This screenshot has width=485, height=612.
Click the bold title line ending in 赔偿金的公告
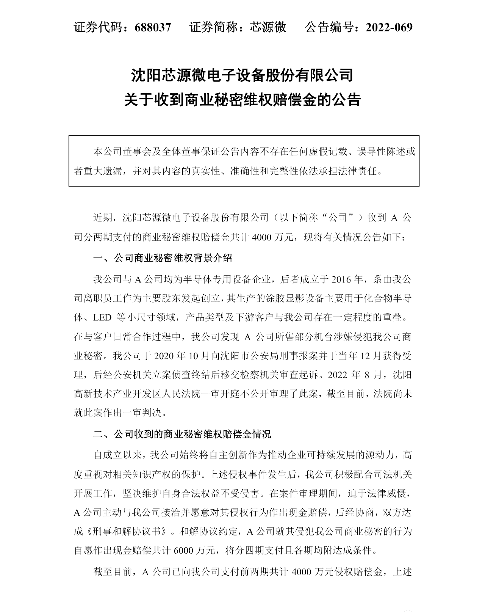tap(242, 100)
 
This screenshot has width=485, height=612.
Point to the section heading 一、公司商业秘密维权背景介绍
tap(163, 259)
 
